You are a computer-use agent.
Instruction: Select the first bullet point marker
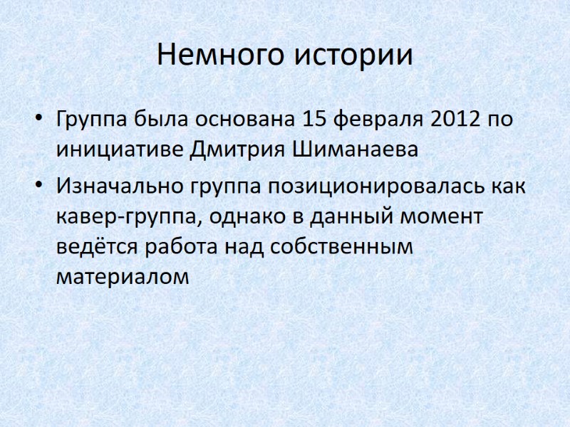(39, 118)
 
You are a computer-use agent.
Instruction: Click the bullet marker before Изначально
(39, 186)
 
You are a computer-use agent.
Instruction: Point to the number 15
(317, 118)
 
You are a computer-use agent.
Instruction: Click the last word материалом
(123, 277)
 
